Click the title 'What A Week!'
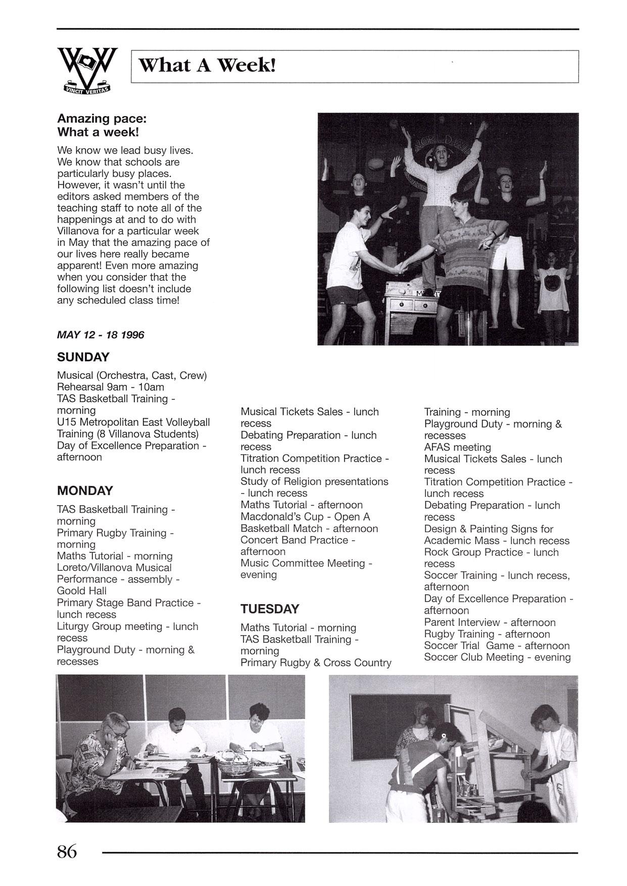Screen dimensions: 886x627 point(207,66)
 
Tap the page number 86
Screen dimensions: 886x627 point(67,852)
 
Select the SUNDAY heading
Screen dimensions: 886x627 point(83,357)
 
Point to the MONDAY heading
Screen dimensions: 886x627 point(85,490)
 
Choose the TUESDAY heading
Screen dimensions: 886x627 point(270,609)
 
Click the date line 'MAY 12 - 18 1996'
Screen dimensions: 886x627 point(101,335)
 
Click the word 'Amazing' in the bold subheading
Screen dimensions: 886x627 point(83,119)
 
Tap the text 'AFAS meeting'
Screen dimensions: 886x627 point(457,447)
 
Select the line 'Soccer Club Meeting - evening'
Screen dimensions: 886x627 point(497,657)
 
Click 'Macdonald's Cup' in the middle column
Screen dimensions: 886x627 point(282,517)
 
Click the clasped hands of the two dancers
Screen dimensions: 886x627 point(399,267)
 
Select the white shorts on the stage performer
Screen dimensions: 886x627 point(507,253)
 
